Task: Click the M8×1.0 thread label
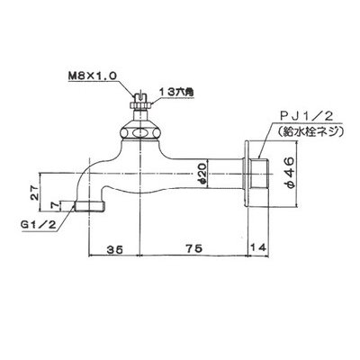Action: [93, 76]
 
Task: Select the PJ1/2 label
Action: [306, 117]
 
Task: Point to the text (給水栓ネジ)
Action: [309, 131]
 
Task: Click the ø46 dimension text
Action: [291, 175]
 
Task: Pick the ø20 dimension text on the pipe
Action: [202, 174]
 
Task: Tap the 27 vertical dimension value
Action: [35, 192]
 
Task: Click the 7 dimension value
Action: [54, 206]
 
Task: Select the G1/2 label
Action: [39, 225]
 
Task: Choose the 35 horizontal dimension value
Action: [115, 248]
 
